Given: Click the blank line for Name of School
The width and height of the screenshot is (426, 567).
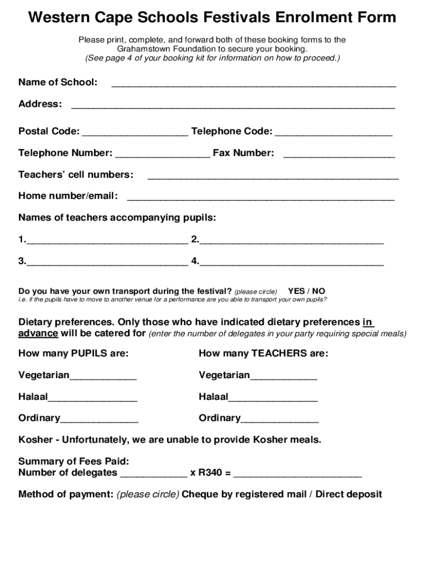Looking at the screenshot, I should coord(253,84).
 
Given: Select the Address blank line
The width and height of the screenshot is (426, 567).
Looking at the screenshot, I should coord(233,106).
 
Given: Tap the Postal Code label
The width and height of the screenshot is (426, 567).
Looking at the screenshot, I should coord(49,131).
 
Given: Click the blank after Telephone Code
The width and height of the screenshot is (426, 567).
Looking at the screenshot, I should coord(334,133).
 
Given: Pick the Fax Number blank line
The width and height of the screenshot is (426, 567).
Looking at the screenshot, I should coord(339,154).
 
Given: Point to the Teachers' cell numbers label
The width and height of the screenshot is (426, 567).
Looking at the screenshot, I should coord(76,174).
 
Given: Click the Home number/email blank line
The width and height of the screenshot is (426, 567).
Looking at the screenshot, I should coord(261,198).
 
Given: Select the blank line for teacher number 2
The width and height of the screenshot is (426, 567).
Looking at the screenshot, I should coord(292,241).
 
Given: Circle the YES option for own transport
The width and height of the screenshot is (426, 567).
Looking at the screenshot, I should coord(296,291).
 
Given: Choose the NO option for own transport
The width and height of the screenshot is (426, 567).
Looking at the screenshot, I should coord(319,291).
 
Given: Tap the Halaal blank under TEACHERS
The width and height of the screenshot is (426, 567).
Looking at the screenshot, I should coord(273,399).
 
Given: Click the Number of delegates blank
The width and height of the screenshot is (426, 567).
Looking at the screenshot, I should coord(153,475).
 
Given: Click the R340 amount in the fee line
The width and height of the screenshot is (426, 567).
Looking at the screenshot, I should coord(211,472).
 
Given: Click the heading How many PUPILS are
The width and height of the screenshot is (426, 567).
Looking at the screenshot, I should coord(74,353).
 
